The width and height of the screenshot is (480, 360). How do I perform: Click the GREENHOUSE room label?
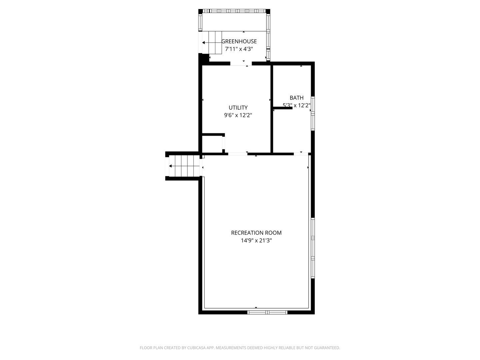pyautogui.click(x=239, y=41)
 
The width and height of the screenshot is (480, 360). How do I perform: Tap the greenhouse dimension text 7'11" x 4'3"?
pyautogui.click(x=239, y=49)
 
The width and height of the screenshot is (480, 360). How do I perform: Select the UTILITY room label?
pyautogui.click(x=238, y=108)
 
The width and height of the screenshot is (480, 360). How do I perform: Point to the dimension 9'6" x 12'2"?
pyautogui.click(x=238, y=115)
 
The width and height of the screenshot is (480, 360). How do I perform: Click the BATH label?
pyautogui.click(x=296, y=98)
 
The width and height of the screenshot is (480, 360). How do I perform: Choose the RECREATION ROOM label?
pyautogui.click(x=256, y=233)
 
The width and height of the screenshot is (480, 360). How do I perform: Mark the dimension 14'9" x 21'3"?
pyautogui.click(x=256, y=240)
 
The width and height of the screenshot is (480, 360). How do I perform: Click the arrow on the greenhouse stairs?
pyautogui.click(x=204, y=43)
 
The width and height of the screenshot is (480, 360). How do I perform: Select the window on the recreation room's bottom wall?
pyautogui.click(x=267, y=312)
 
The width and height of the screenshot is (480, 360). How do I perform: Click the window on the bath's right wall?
pyautogui.click(x=313, y=113)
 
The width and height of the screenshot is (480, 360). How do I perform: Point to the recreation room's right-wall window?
pyautogui.click(x=313, y=248)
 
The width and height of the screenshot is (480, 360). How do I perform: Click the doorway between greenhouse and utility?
pyautogui.click(x=241, y=63)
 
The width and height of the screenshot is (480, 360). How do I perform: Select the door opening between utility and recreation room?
pyautogui.click(x=237, y=154)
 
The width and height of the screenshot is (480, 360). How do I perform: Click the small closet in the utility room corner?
pyautogui.click(x=212, y=144)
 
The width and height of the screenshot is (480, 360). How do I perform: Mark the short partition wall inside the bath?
pyautogui.click(x=282, y=108)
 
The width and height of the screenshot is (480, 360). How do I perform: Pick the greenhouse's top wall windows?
pyautogui.click(x=234, y=11)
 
